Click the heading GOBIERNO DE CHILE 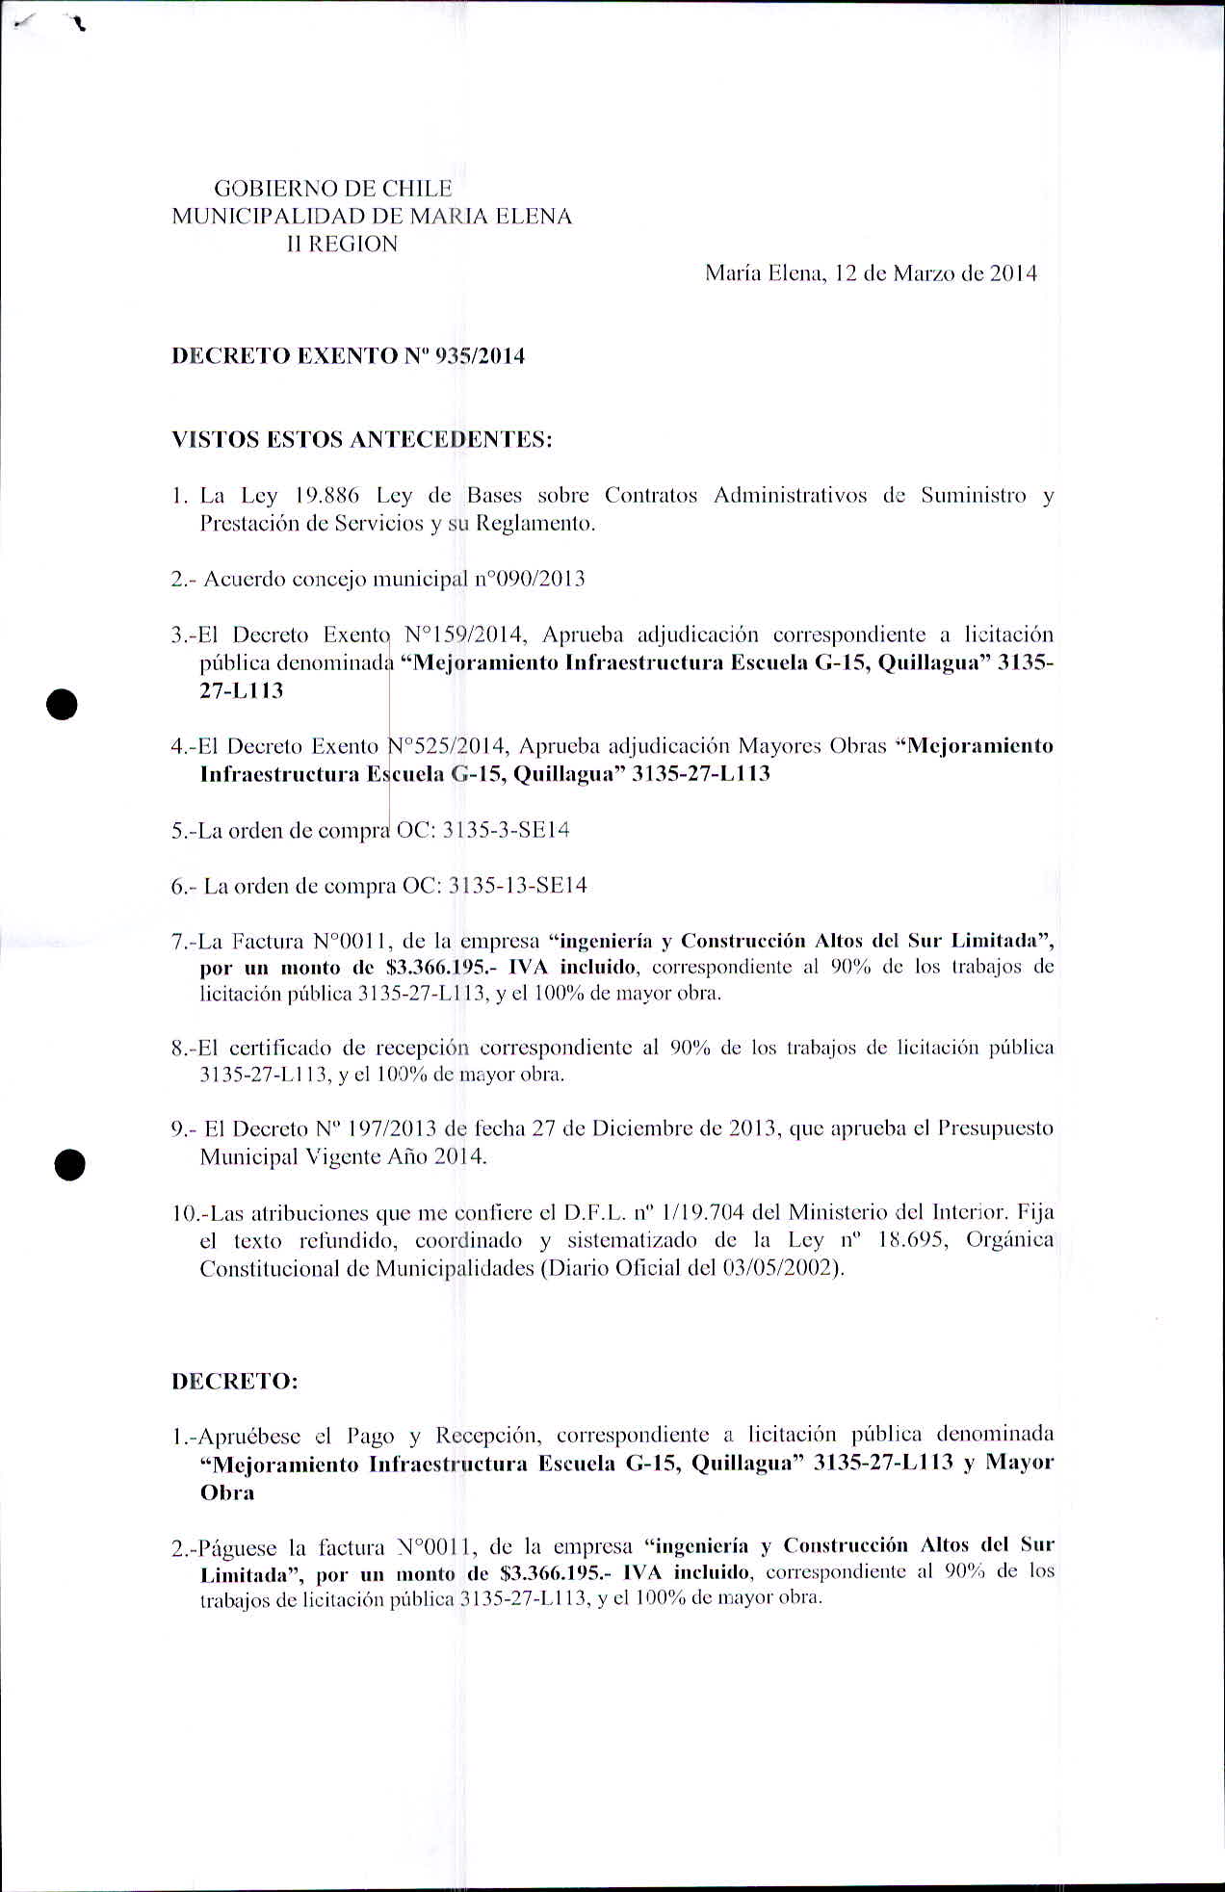332,188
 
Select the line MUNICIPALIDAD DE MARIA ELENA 372,216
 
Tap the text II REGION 342,244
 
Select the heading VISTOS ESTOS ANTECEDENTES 362,440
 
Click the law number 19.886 326,496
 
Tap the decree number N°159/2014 463,635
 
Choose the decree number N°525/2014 447,746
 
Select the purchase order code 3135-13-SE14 518,886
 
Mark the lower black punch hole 70,1164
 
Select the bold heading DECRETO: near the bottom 235,1382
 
